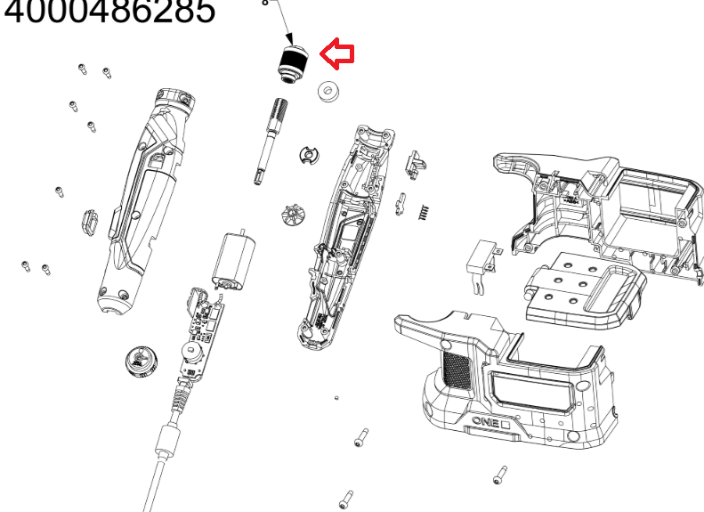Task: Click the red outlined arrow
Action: (x=337, y=55)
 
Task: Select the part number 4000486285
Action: (x=107, y=12)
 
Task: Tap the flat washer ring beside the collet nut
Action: (x=330, y=91)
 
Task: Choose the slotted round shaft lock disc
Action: (x=307, y=157)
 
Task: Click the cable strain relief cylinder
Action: (x=167, y=439)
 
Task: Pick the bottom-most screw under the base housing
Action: (x=347, y=500)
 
